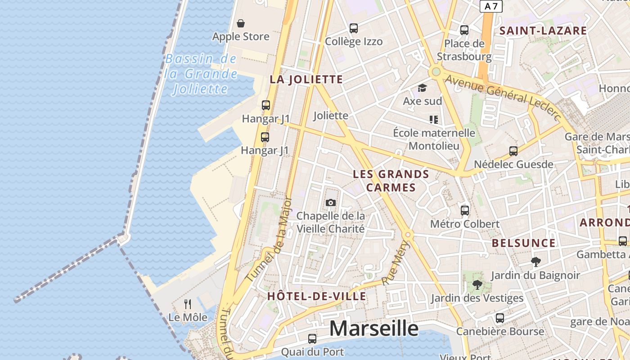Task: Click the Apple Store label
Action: (x=241, y=36)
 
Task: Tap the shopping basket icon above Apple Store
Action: (x=241, y=23)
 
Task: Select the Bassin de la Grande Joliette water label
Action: (x=201, y=74)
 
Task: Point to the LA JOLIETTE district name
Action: (x=306, y=80)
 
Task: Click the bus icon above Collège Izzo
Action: (x=354, y=28)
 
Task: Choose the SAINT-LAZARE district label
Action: (x=543, y=31)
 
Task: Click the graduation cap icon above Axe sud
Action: (x=422, y=88)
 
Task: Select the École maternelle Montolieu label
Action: (x=434, y=139)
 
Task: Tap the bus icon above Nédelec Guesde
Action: (x=513, y=151)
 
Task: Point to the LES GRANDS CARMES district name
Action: (x=391, y=180)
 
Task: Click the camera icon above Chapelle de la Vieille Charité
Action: (x=331, y=202)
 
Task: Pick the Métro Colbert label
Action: (x=465, y=224)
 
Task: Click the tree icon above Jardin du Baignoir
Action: (x=535, y=261)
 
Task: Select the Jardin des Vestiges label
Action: (x=477, y=298)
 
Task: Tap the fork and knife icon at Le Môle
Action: (x=188, y=304)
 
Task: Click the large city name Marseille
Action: (x=374, y=328)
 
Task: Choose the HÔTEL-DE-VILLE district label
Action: (x=316, y=296)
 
